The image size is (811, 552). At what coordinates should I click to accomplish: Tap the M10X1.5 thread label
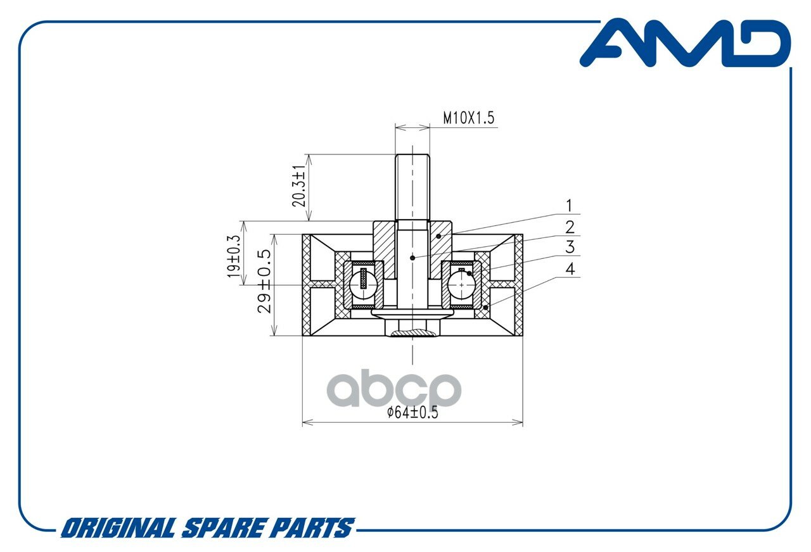click(468, 118)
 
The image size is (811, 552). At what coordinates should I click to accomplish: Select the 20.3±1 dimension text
click(299, 186)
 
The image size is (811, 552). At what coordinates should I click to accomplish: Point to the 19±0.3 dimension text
click(234, 256)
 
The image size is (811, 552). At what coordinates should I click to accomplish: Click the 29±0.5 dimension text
click(264, 281)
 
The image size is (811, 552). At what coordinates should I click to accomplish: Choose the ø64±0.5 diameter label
click(412, 412)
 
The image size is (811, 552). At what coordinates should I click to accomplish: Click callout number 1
click(569, 206)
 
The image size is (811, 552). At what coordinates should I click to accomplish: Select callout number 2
click(570, 227)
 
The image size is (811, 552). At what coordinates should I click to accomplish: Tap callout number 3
click(570, 247)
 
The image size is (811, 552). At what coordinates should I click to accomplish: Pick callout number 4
click(570, 269)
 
